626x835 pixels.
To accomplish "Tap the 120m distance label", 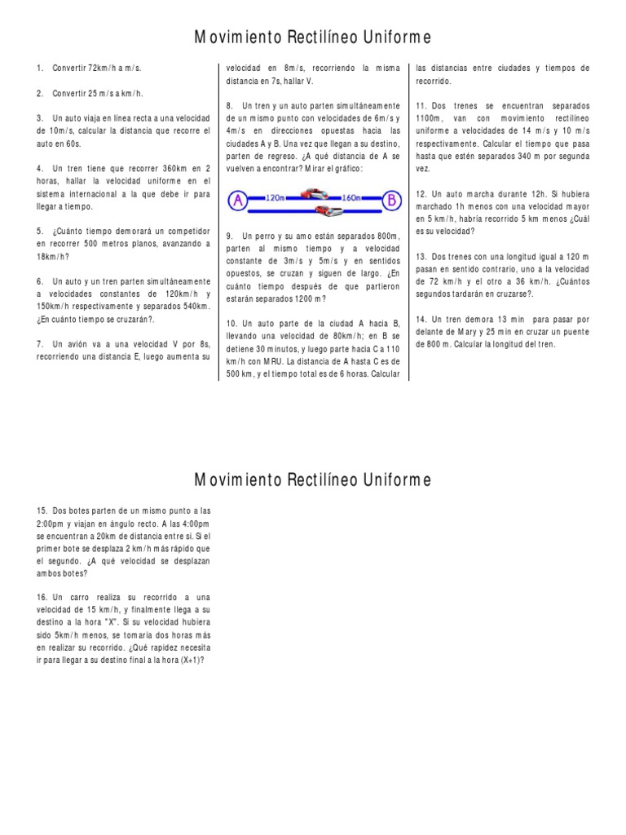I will click(x=276, y=197).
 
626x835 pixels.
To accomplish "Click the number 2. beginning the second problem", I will click(x=40, y=93).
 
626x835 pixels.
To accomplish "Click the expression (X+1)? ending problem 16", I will click(x=187, y=661).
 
